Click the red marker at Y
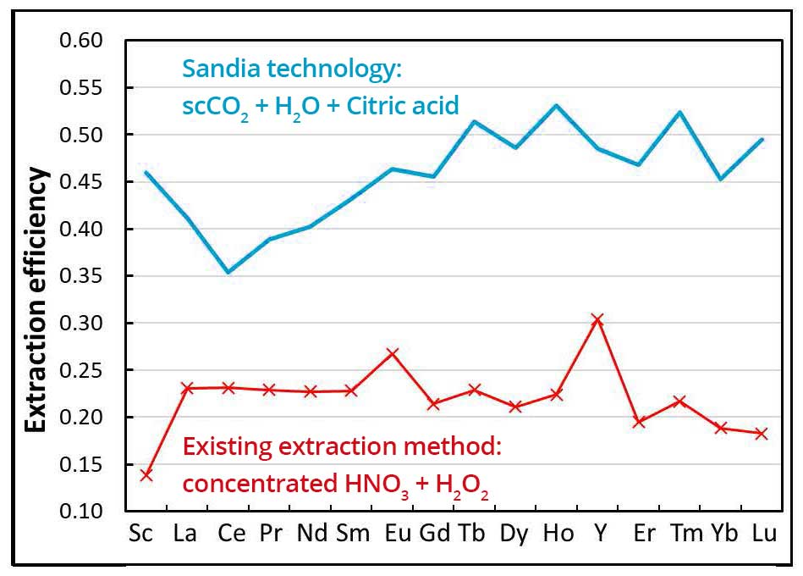[597, 319]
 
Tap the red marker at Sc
[146, 475]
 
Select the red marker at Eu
[392, 353]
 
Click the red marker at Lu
[761, 434]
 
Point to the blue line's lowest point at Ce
[228, 273]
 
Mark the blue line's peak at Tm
[679, 112]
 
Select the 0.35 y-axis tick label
[81, 276]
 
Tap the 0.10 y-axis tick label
[81, 512]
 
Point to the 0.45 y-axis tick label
[81, 182]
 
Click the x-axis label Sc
[146, 535]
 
